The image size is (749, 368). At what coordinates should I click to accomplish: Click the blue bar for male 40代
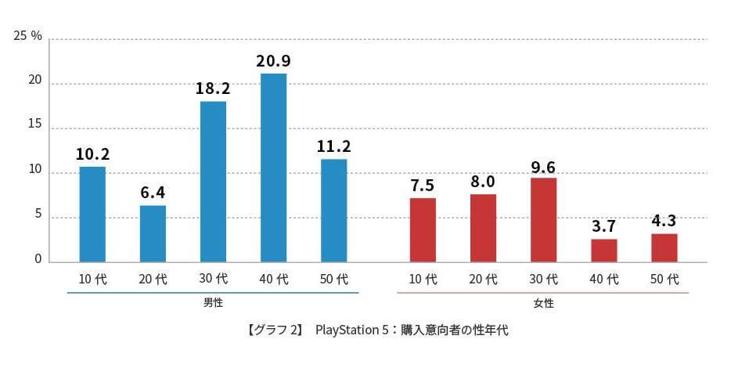tap(273, 168)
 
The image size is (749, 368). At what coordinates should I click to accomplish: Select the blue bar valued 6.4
tap(153, 233)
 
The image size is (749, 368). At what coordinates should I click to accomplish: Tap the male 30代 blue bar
tap(213, 182)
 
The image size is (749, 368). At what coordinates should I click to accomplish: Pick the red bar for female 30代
tap(543, 220)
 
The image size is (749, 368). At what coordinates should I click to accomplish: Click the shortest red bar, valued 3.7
tap(603, 251)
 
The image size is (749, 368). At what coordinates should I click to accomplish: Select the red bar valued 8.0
tap(483, 228)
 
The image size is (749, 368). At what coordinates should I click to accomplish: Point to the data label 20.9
tap(273, 60)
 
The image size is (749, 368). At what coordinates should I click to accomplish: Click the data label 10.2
tap(92, 153)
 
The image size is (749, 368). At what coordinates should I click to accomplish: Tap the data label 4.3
tap(664, 220)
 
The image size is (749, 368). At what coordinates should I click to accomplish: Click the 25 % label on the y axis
tap(28, 37)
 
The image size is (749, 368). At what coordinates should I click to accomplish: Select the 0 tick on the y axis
tap(37, 260)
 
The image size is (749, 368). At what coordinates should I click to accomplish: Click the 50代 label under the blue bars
tap(333, 279)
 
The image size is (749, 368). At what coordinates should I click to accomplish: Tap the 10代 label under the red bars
tap(423, 279)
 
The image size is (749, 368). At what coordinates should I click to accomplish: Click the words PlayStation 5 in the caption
tap(351, 330)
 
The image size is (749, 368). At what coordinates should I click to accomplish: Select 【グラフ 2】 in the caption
tap(274, 330)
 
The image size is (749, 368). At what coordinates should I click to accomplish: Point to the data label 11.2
tap(333, 146)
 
